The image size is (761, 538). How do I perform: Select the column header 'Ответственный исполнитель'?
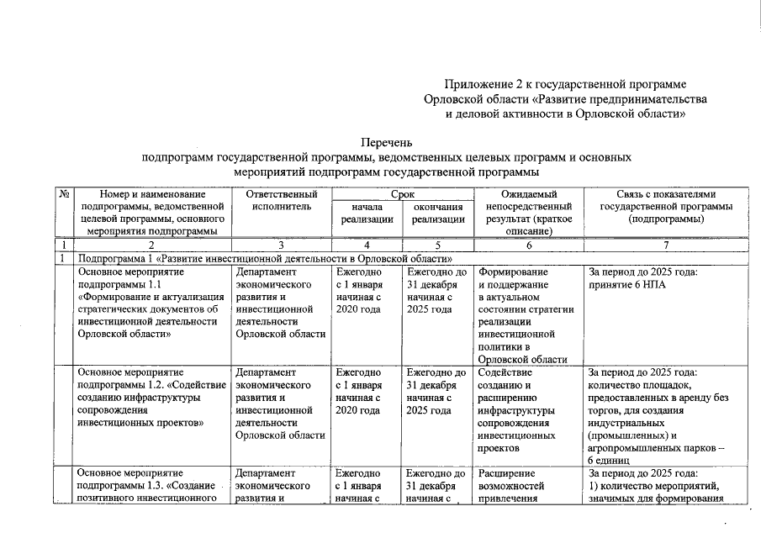281,200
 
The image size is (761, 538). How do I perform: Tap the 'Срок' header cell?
402,194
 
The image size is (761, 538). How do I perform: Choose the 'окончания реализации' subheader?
437,213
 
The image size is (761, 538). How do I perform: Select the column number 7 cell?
666,245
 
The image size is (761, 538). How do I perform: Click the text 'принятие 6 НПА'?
626,284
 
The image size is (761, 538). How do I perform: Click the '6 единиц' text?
610,462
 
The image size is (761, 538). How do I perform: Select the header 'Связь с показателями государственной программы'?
666,207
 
